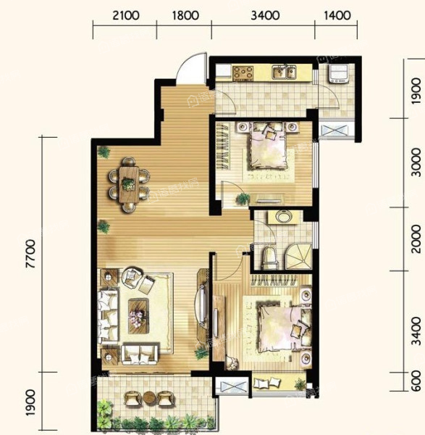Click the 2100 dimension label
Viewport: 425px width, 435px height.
coord(126,15)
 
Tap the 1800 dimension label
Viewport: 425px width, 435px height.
coord(185,15)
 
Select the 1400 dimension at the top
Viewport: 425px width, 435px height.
coord(337,15)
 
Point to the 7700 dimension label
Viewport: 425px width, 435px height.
coord(30,254)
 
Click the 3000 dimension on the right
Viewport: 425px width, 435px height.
coord(416,162)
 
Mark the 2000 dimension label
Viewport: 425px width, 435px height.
coord(416,239)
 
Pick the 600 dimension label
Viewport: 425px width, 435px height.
coord(416,381)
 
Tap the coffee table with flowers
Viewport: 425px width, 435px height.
coord(138,316)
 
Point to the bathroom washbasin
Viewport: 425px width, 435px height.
coord(283,216)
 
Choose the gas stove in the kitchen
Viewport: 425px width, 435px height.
coord(243,72)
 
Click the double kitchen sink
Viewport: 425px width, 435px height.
coord(284,72)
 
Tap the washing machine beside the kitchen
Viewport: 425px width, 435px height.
coord(337,73)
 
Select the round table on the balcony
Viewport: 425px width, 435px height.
coord(150,398)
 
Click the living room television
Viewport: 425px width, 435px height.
coord(202,304)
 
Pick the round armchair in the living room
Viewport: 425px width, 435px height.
coord(131,277)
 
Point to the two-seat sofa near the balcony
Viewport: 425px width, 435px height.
coord(140,354)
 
